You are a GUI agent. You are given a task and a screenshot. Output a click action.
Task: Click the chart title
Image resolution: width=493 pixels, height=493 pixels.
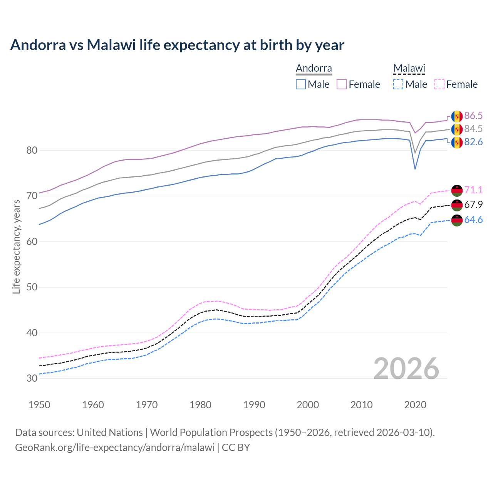pyautogui.click(x=177, y=45)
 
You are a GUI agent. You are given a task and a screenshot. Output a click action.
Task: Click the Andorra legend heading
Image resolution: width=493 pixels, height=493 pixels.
pyautogui.click(x=314, y=69)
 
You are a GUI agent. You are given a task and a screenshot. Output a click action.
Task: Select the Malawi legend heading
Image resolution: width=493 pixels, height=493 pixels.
pyautogui.click(x=409, y=69)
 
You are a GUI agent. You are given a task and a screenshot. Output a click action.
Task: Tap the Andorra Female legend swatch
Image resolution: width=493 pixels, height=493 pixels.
pyautogui.click(x=342, y=84)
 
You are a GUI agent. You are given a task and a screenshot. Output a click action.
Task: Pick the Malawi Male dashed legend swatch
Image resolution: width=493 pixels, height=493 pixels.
pyautogui.click(x=398, y=84)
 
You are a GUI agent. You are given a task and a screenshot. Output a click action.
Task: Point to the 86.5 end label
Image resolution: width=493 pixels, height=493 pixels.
pyautogui.click(x=473, y=116)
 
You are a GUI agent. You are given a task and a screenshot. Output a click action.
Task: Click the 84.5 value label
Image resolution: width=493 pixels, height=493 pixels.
pyautogui.click(x=473, y=129)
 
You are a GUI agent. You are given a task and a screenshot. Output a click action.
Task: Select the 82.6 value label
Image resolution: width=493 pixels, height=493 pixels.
pyautogui.click(x=473, y=142)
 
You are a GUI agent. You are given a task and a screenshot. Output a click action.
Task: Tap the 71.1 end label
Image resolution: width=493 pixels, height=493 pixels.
pyautogui.click(x=473, y=190)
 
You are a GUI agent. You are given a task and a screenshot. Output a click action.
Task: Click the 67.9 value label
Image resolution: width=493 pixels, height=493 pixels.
pyautogui.click(x=473, y=205)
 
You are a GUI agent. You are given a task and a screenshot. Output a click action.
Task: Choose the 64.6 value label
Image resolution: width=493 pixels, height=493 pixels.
pyautogui.click(x=473, y=220)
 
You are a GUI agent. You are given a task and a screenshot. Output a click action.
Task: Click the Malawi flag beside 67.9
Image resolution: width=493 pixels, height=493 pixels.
pyautogui.click(x=457, y=205)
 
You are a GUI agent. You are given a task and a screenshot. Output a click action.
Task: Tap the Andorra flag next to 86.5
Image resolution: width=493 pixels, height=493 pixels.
pyautogui.click(x=457, y=116)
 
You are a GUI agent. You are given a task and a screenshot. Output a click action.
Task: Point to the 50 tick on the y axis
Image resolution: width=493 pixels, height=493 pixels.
pyautogui.click(x=32, y=287)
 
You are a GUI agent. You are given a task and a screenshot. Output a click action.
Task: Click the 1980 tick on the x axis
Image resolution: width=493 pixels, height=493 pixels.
pyautogui.click(x=200, y=405)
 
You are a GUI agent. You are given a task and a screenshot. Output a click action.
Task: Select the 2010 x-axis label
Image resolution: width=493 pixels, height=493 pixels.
pyautogui.click(x=361, y=405)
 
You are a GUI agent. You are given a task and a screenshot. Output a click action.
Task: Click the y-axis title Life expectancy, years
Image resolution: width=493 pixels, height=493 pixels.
pyautogui.click(x=17, y=246)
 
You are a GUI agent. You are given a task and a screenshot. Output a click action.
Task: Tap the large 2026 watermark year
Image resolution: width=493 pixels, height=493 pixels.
pyautogui.click(x=406, y=369)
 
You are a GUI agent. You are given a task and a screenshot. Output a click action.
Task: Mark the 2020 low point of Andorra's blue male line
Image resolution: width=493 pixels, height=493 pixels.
pyautogui.click(x=415, y=169)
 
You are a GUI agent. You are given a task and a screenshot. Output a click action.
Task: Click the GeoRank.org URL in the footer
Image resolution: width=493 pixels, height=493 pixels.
pyautogui.click(x=115, y=448)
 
